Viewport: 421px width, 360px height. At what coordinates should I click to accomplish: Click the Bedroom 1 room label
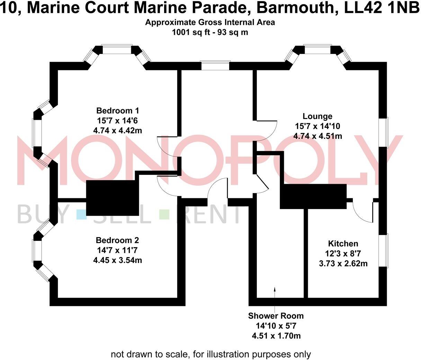(117, 111)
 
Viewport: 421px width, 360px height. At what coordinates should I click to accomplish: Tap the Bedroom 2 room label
(117, 241)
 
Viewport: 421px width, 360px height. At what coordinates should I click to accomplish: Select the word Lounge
(317, 116)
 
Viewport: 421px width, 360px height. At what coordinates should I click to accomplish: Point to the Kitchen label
(343, 244)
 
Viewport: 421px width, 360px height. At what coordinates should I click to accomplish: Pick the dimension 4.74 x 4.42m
(117, 130)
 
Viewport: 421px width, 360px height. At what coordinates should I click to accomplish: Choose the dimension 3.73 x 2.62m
(343, 263)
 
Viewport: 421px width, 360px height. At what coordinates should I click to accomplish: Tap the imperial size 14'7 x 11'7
(117, 250)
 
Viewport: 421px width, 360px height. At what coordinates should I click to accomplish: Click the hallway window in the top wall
(215, 65)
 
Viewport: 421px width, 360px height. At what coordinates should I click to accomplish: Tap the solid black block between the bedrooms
(113, 198)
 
